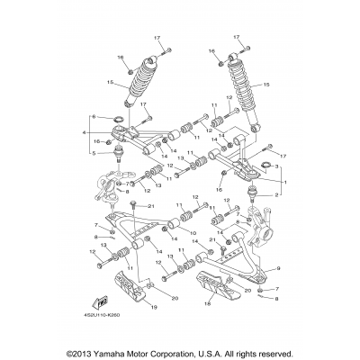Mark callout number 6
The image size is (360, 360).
[x=94, y=118]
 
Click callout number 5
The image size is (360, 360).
[x=94, y=153]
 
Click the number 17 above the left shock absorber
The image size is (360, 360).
[x=157, y=39]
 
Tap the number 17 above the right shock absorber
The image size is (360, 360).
[x=240, y=39]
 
